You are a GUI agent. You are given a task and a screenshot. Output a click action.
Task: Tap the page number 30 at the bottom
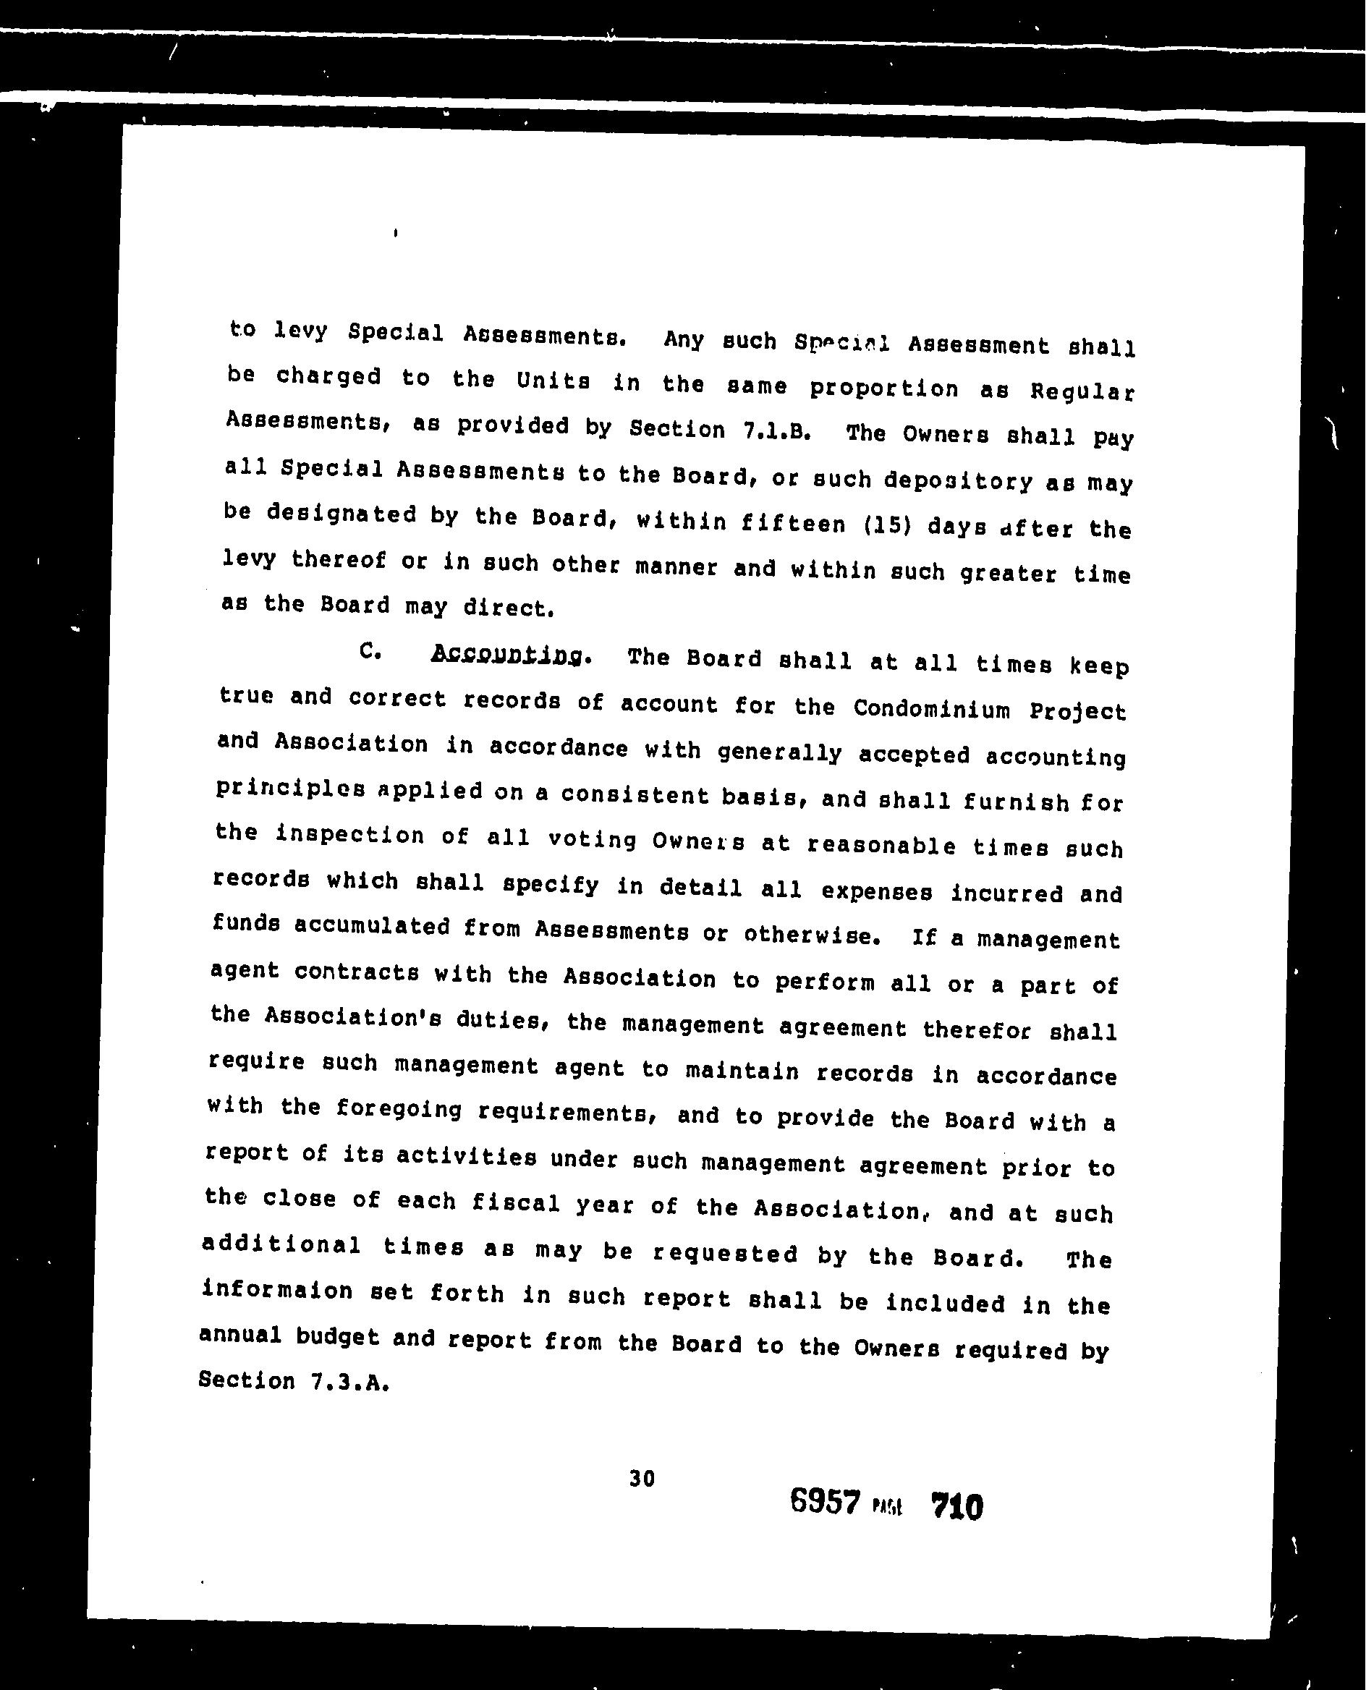pyautogui.click(x=641, y=1479)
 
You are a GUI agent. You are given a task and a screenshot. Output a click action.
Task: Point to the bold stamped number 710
pyautogui.click(x=956, y=1508)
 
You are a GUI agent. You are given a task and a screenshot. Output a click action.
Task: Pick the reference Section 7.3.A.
pyautogui.click(x=294, y=1382)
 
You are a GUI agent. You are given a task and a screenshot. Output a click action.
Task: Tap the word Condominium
pyautogui.click(x=932, y=709)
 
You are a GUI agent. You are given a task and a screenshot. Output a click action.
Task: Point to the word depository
pyautogui.click(x=956, y=480)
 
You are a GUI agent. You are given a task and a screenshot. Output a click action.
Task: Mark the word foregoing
pyautogui.click(x=398, y=1110)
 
